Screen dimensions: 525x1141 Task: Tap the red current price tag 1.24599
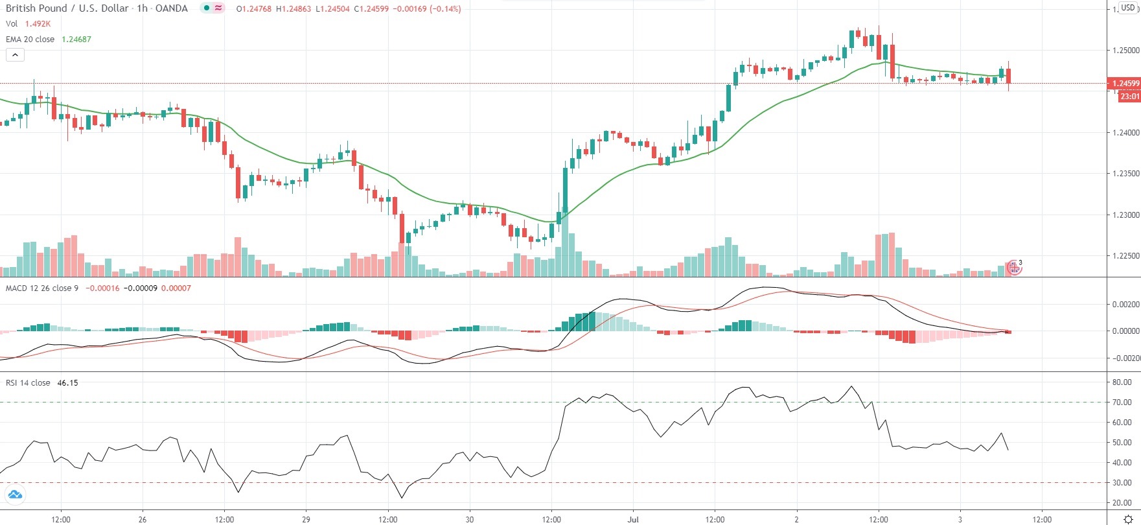pos(1125,84)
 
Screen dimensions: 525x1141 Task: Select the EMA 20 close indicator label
pos(30,40)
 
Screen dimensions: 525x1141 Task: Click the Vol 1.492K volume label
pos(28,24)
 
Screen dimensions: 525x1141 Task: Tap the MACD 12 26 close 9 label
pos(42,288)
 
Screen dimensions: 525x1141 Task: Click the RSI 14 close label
pos(28,383)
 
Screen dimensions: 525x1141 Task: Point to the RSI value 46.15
pos(67,383)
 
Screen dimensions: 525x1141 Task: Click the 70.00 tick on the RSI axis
pos(1122,402)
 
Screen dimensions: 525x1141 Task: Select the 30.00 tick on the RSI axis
pos(1122,483)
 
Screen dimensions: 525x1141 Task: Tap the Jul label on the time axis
pos(633,519)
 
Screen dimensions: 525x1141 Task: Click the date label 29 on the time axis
pos(306,519)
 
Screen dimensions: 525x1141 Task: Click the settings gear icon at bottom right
pos(1128,519)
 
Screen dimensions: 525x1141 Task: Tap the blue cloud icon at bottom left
pos(14,496)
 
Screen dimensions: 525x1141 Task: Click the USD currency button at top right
pos(1128,8)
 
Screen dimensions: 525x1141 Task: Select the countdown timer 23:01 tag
pos(1129,97)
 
